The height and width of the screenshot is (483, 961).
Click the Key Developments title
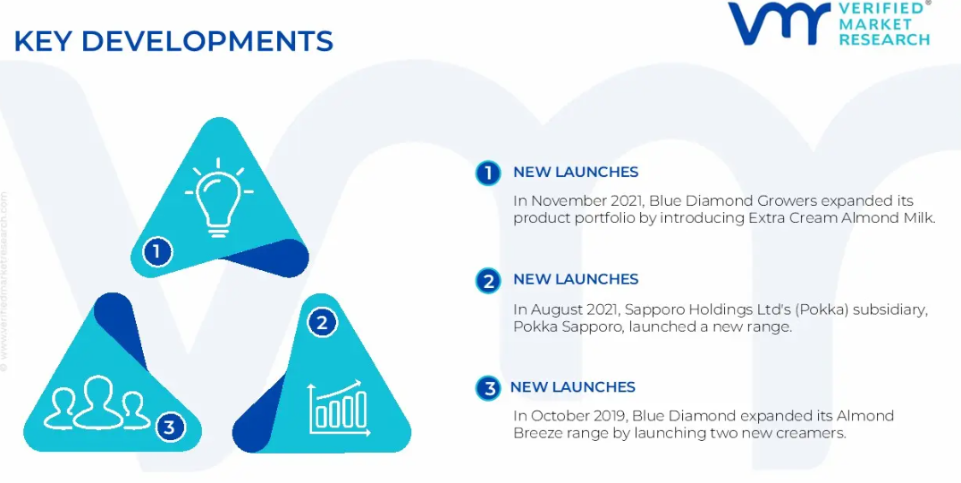coord(173,41)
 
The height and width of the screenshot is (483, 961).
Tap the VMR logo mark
coord(779,23)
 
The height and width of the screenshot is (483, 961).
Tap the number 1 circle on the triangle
coord(157,251)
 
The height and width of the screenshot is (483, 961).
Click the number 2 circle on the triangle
coord(322,322)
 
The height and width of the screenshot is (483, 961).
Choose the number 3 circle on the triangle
coord(169,428)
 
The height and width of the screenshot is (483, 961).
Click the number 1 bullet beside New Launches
coord(488,173)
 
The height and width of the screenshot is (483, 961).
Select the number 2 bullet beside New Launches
coord(488,281)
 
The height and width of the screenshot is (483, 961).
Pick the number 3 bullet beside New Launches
coord(488,388)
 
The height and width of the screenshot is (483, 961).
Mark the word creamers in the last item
coord(813,433)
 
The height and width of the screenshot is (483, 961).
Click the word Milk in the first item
coord(922,218)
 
